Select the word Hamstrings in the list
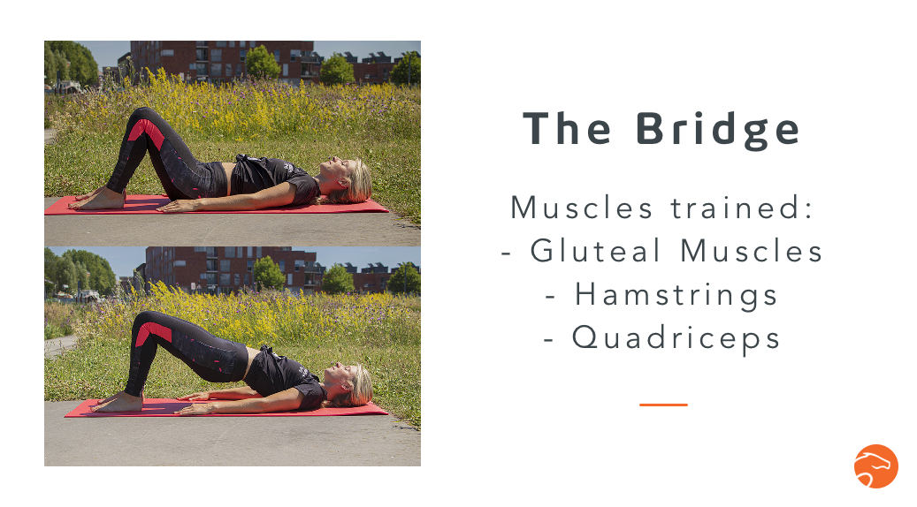tap(676, 294)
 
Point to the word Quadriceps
tap(676, 337)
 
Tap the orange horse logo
tap(875, 466)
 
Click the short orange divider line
tap(663, 405)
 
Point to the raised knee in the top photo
tap(141, 117)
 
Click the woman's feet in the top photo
tap(97, 200)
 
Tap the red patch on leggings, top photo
tap(146, 132)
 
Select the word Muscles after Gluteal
tap(752, 251)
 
